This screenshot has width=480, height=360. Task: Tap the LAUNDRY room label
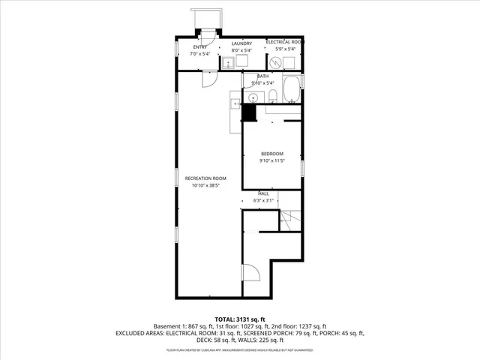click(241, 43)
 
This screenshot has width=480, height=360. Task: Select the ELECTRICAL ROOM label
click(284, 41)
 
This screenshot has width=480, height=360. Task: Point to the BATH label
click(262, 76)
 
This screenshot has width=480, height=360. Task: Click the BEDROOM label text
click(271, 154)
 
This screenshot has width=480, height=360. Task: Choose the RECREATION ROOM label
click(205, 178)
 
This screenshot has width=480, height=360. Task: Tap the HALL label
click(263, 193)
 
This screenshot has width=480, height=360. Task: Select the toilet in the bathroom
click(274, 94)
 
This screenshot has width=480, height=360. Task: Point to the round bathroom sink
click(234, 100)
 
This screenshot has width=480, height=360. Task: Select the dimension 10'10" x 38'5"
click(205, 185)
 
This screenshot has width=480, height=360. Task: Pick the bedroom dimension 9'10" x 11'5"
click(271, 161)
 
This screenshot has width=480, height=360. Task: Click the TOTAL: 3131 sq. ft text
click(240, 319)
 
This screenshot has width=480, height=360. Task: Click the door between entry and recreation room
click(208, 78)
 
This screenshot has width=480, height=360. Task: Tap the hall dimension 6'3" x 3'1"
click(263, 200)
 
